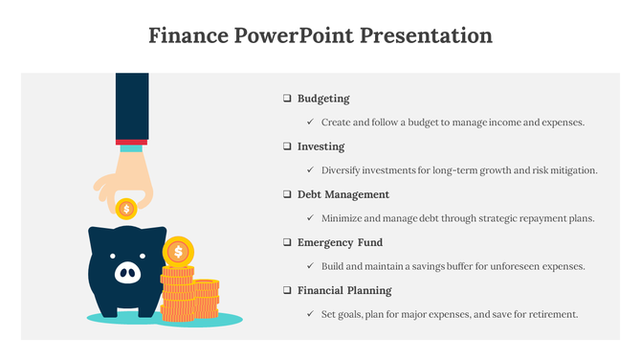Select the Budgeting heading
323,99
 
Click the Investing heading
320,146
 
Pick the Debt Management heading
343,194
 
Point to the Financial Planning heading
343,290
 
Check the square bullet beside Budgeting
286,99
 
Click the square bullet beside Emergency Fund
286,242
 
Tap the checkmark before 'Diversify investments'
310,170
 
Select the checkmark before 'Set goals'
310,314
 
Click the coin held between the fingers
126,208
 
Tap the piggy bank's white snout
126,274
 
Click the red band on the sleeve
131,142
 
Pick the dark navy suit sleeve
131,105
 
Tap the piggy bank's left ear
96,233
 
